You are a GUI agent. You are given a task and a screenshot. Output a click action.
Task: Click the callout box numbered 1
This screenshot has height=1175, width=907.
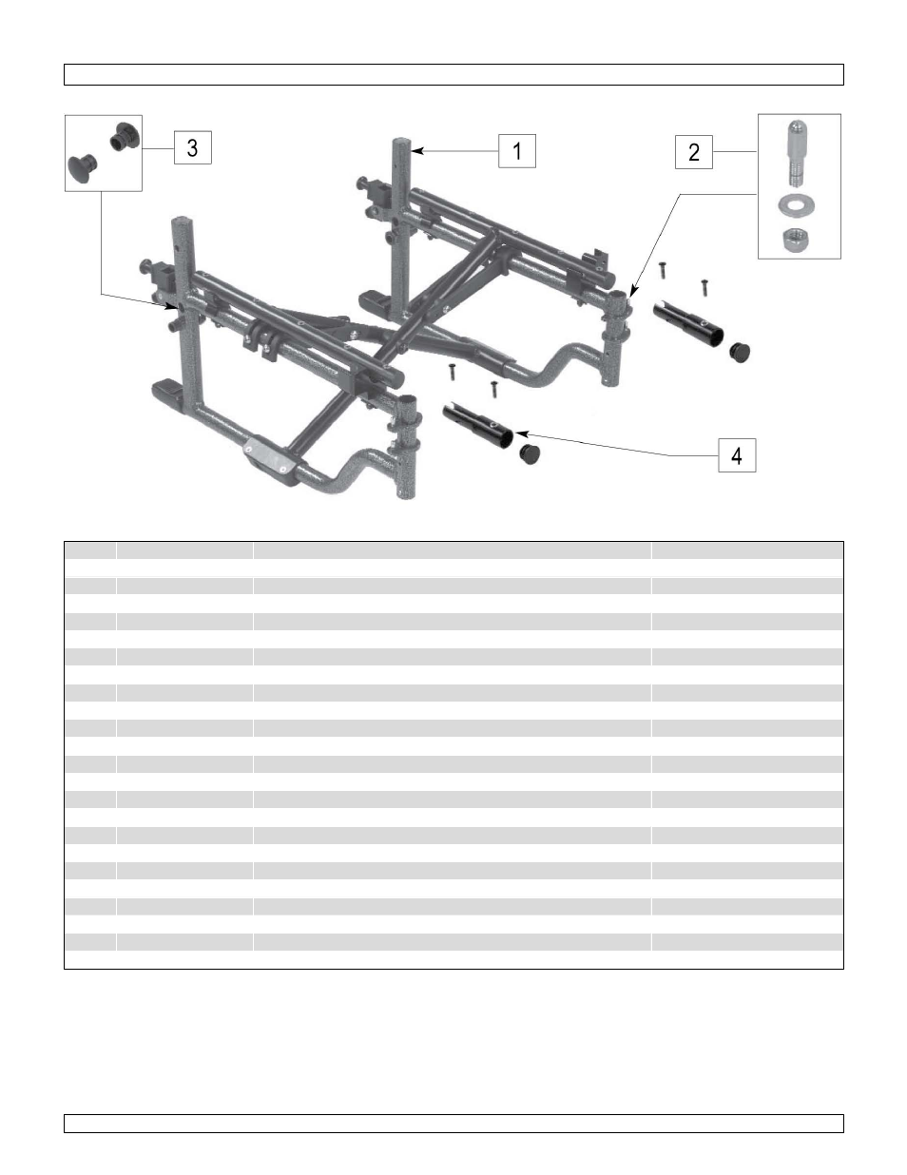[517, 151]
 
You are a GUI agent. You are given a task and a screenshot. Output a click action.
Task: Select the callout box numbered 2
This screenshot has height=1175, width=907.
[694, 152]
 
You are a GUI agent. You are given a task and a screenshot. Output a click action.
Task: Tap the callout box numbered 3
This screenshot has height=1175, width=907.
[193, 147]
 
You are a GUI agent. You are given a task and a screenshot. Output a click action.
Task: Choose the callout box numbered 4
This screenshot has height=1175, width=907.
[737, 455]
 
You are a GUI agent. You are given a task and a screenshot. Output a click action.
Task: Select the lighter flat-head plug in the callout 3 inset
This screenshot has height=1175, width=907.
[82, 168]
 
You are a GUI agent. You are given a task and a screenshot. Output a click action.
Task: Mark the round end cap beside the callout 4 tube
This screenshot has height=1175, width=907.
[530, 452]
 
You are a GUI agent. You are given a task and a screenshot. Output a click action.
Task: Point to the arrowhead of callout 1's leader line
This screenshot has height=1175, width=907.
[415, 150]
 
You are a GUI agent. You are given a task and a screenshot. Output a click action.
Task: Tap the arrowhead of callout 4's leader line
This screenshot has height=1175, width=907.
[520, 435]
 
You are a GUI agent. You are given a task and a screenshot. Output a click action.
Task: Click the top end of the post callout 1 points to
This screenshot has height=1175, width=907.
[402, 143]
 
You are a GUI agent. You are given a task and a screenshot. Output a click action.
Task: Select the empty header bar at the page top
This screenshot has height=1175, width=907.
[453, 75]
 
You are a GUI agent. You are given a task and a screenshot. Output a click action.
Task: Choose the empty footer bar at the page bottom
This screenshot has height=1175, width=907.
[453, 1124]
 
